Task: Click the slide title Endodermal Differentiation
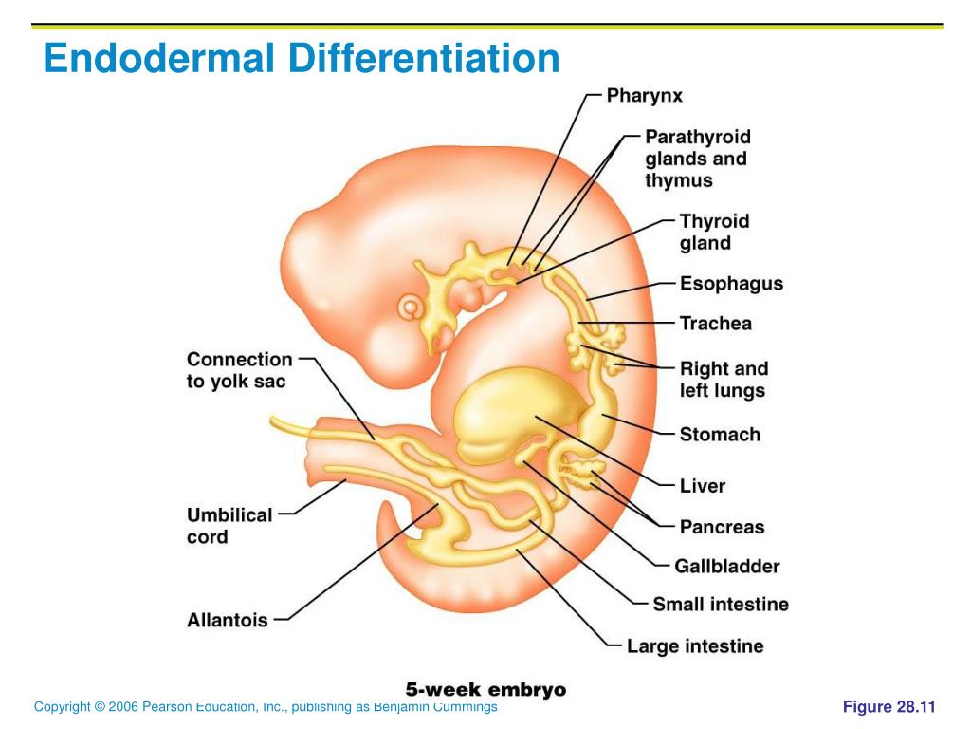click(302, 59)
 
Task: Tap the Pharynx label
click(644, 95)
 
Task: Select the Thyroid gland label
click(714, 232)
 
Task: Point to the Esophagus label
click(731, 283)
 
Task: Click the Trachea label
click(715, 323)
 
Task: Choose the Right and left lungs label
click(724, 379)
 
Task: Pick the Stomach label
click(720, 434)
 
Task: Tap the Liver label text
click(702, 485)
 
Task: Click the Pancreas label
click(722, 526)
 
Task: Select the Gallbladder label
click(726, 566)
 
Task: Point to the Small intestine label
click(720, 604)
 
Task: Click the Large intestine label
click(694, 646)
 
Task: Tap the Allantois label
click(228, 620)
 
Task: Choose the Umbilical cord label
click(229, 526)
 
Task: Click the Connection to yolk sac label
click(239, 370)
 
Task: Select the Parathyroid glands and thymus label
click(697, 159)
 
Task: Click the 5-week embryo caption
click(485, 690)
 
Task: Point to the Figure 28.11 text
click(889, 706)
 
